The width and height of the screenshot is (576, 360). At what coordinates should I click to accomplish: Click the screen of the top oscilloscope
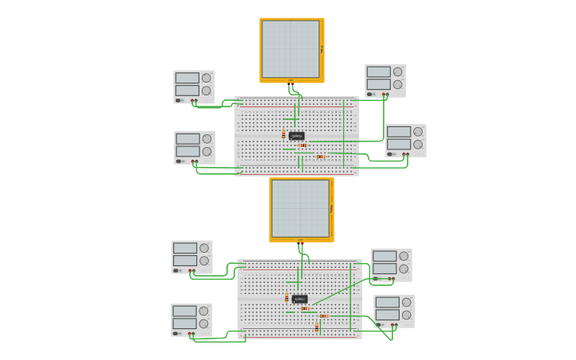coord(290,48)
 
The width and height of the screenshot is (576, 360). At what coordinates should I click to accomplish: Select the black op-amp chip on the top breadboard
coord(296,136)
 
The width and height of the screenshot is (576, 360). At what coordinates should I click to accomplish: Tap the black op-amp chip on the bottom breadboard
coord(300,299)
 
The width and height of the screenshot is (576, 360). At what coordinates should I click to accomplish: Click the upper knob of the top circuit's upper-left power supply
coord(207,78)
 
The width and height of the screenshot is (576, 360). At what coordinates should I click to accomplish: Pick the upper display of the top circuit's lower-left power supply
coord(187,138)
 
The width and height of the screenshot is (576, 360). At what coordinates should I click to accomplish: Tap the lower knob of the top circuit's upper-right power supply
coord(398,84)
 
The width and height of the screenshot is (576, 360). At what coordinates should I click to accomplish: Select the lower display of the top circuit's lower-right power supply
coord(398,145)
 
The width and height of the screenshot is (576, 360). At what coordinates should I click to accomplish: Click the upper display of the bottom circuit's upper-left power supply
coord(184,248)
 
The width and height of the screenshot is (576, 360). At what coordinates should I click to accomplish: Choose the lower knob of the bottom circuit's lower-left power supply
coord(204,323)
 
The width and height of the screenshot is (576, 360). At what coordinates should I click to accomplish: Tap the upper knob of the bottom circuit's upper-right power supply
coord(404,256)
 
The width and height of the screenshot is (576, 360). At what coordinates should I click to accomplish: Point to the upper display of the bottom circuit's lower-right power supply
coord(387,302)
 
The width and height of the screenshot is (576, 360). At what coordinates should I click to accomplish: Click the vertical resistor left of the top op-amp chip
coord(284,134)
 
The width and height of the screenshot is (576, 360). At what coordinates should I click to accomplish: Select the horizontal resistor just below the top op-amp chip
coord(302,145)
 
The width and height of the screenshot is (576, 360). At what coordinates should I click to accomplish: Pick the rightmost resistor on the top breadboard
coord(321,157)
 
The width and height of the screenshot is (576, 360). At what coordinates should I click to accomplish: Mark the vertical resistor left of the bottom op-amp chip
coord(287,298)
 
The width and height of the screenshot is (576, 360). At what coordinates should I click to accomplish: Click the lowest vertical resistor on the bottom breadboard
coord(316,327)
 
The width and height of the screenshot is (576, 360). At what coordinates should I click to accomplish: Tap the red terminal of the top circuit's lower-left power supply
coord(196,161)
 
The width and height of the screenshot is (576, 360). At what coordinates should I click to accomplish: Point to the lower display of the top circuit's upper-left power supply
coord(187,91)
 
